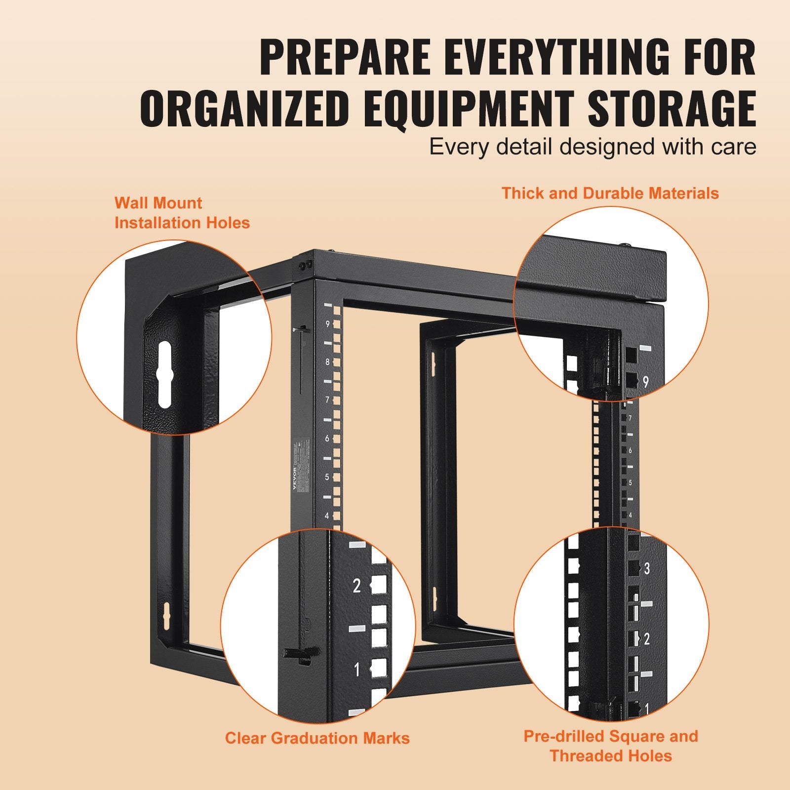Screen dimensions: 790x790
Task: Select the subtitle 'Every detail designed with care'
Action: pyautogui.click(x=592, y=147)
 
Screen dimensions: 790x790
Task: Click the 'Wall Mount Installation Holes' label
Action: pyautogui.click(x=182, y=213)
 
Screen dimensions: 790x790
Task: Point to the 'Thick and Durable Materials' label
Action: pyautogui.click(x=610, y=193)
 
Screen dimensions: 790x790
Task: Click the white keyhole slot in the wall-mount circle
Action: pyautogui.click(x=165, y=376)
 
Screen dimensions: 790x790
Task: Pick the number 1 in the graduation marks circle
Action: pyautogui.click(x=357, y=670)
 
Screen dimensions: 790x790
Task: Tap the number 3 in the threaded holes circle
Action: pyautogui.click(x=647, y=568)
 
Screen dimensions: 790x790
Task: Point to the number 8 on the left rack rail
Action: pyautogui.click(x=327, y=362)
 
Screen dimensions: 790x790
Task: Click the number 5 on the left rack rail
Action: pyautogui.click(x=327, y=477)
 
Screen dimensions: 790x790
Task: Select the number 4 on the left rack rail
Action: pyautogui.click(x=327, y=516)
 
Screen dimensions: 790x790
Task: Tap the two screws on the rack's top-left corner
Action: pyautogui.click(x=305, y=265)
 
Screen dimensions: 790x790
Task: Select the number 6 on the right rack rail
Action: pyautogui.click(x=630, y=451)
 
